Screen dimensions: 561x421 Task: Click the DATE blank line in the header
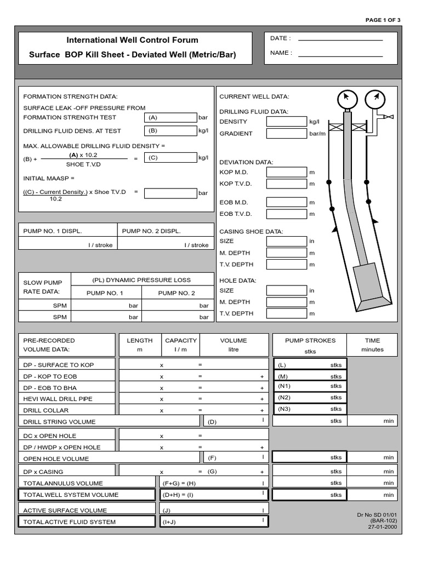coord(340,39)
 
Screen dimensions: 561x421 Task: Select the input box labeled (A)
coord(170,117)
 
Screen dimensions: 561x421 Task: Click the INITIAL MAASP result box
coord(170,193)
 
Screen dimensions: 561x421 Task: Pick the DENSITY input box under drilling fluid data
coord(286,122)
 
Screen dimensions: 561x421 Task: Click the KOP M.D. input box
coord(286,172)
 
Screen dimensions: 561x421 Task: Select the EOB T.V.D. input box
coord(286,214)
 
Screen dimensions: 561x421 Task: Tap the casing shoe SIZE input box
coord(286,241)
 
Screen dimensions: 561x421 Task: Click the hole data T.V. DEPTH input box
coord(286,313)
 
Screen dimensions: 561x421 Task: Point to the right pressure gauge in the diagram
coord(376,99)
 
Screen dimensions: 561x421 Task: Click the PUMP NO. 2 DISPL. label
coord(151,231)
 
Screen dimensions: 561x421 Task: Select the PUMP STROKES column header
coord(310,341)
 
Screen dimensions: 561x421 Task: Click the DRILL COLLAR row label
coord(41,410)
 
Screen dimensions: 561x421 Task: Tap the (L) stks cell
coord(310,365)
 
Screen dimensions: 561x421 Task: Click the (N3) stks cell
coord(310,409)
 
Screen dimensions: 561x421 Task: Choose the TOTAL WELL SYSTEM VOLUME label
coord(70,495)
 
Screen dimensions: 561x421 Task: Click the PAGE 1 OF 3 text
coord(383,20)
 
